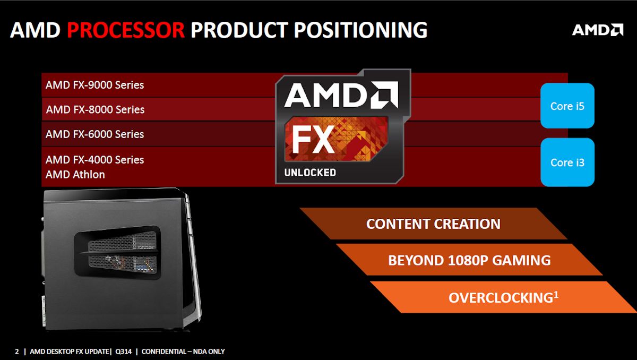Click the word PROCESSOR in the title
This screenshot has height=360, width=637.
click(126, 30)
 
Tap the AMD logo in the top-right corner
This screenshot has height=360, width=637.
click(597, 30)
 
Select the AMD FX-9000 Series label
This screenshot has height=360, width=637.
click(94, 85)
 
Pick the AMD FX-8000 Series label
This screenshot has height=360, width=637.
click(95, 110)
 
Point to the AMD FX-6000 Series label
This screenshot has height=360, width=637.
click(94, 134)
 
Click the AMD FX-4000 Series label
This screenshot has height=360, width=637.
click(94, 159)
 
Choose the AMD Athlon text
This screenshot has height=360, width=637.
click(75, 174)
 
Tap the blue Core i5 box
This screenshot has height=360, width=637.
click(567, 106)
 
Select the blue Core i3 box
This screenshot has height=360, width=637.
click(567, 162)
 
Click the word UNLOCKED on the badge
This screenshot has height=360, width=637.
click(310, 173)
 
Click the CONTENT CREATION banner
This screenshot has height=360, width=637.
click(433, 224)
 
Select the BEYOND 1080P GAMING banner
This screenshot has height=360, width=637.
click(469, 260)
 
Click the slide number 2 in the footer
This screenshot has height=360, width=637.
click(17, 352)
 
